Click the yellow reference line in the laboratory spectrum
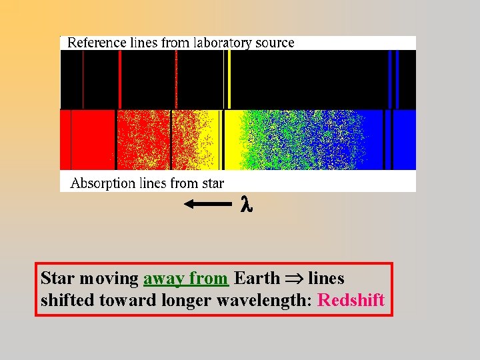click(229, 79)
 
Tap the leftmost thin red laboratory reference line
click(83, 79)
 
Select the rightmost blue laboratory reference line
click(397, 79)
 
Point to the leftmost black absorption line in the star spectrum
click(71, 140)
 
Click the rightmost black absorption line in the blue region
click(391, 140)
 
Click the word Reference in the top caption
click(94, 43)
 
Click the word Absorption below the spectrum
click(100, 183)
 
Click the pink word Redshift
click(351, 300)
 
